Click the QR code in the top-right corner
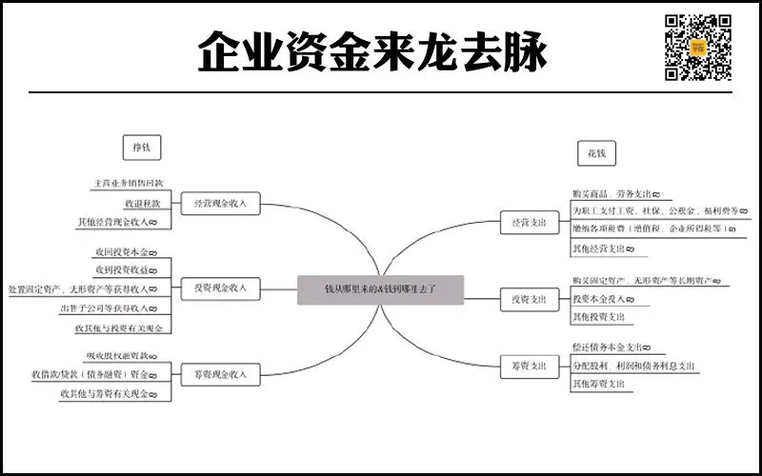tap(697, 47)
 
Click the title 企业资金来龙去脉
tap(372, 51)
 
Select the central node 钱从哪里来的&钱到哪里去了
tap(380, 289)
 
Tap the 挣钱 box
tap(142, 148)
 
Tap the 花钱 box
tap(597, 152)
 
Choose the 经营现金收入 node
tap(220, 204)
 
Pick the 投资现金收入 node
tap(220, 288)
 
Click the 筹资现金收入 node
tap(220, 375)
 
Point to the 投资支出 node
tap(526, 300)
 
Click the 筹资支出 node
tap(526, 366)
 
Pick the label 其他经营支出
tap(601, 249)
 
